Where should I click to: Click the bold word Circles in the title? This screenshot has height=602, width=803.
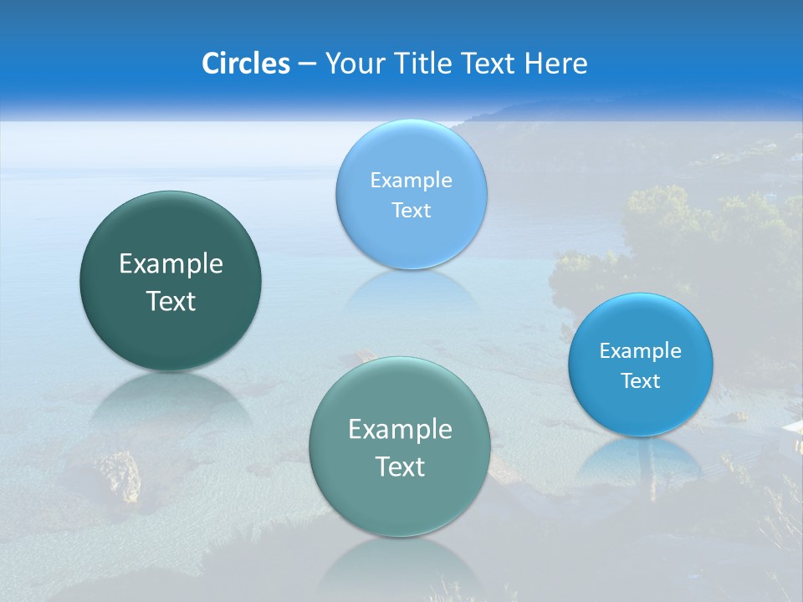pos(245,64)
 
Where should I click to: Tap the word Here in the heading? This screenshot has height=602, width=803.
pos(555,64)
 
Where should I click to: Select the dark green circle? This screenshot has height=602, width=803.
pos(171,280)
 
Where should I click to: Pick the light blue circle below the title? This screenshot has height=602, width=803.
pos(411,194)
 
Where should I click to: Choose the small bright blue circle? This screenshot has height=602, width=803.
pos(640,365)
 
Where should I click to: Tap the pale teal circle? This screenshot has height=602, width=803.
pos(400,446)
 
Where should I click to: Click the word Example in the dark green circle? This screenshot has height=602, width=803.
pos(171,263)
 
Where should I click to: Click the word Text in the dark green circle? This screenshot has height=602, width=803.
pos(171,301)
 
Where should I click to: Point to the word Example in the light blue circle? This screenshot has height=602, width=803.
pos(411,180)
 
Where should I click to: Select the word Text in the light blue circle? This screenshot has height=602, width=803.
pos(411,210)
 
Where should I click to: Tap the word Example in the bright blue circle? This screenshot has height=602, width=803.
pos(640,350)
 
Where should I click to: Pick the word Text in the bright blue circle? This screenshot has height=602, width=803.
pos(641,380)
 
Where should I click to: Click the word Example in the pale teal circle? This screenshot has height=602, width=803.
pos(400,429)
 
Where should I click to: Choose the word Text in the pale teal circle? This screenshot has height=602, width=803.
pos(400,467)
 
